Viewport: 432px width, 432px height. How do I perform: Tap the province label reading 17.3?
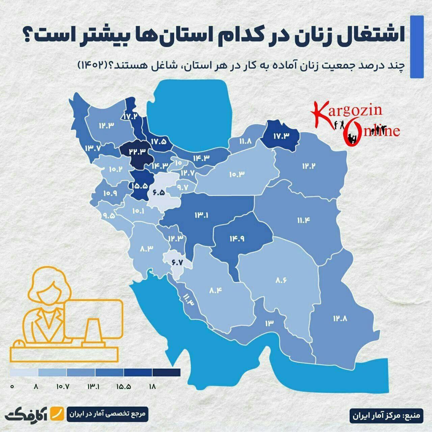coord(282,136)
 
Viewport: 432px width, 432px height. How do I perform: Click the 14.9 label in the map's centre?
coord(237,238)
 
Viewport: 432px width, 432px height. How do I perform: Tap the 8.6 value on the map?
coord(281,280)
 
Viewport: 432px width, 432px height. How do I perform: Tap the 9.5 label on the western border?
coord(108,215)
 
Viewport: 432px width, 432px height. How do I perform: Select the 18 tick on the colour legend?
coord(152,387)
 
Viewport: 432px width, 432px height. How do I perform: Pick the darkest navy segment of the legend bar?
coord(166,372)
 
